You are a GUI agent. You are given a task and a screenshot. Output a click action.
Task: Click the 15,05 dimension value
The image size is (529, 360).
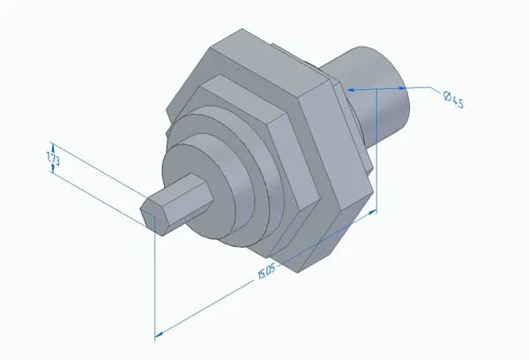pyautogui.click(x=266, y=272)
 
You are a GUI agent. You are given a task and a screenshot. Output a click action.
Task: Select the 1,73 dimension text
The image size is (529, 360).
pyautogui.click(x=53, y=158)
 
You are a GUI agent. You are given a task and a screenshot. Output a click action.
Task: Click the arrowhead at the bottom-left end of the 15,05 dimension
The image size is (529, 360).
pyautogui.click(x=159, y=334)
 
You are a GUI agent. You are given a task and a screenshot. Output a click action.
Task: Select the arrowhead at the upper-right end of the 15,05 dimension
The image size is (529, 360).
pyautogui.click(x=372, y=213)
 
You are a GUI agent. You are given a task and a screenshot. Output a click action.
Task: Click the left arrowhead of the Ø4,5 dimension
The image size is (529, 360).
pyautogui.click(x=352, y=90)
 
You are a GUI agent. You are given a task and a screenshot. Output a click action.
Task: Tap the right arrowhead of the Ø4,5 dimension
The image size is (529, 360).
pyautogui.click(x=401, y=88)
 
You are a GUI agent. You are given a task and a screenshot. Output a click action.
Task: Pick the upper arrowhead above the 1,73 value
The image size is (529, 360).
pyautogui.click(x=52, y=146)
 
